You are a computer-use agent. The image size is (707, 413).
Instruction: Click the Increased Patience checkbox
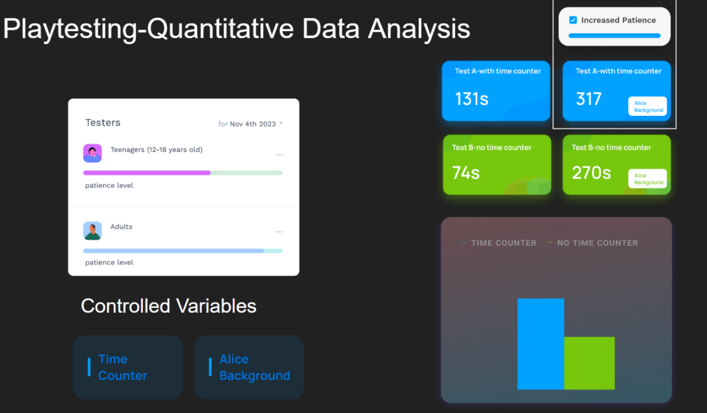pyautogui.click(x=573, y=20)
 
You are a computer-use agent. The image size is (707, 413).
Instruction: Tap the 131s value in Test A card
pyautogui.click(x=472, y=99)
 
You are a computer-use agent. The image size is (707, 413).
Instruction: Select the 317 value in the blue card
pyautogui.click(x=588, y=99)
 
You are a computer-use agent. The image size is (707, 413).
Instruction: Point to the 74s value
pyautogui.click(x=466, y=173)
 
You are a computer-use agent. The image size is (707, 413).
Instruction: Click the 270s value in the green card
pyautogui.click(x=591, y=173)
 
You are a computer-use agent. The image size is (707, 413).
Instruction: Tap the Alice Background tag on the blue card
pyautogui.click(x=648, y=106)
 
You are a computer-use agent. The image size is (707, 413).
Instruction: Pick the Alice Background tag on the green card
pyautogui.click(x=648, y=179)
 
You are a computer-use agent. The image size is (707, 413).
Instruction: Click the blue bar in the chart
pyautogui.click(x=541, y=343)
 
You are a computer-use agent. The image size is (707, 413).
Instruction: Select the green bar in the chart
pyautogui.click(x=590, y=363)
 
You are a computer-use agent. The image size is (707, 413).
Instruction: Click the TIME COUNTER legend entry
pyautogui.click(x=498, y=243)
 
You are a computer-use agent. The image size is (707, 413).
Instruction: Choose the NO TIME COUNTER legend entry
pyautogui.click(x=592, y=243)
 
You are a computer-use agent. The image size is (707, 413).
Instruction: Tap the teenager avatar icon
pyautogui.click(x=93, y=153)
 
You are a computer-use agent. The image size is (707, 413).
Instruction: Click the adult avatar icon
pyautogui.click(x=93, y=231)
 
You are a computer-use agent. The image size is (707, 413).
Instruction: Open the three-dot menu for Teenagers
pyautogui.click(x=280, y=155)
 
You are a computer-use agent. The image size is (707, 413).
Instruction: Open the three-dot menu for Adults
pyautogui.click(x=280, y=232)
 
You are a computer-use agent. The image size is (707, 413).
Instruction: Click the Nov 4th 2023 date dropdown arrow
pyautogui.click(x=281, y=123)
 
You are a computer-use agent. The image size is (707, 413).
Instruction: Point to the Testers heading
pyautogui.click(x=103, y=123)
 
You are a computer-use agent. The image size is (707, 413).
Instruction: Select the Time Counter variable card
pyautogui.click(x=128, y=367)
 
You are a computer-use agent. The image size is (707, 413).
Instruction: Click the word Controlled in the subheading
pyautogui.click(x=126, y=306)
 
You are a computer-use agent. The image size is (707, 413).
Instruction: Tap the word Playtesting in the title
pyautogui.click(x=70, y=29)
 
